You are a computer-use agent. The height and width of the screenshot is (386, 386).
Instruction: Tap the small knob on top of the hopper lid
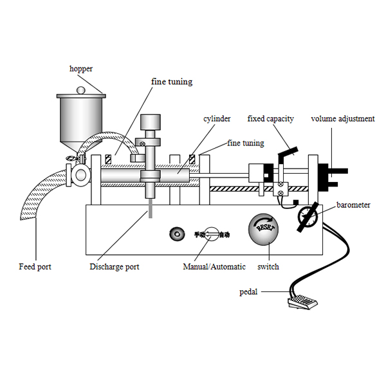click(x=81, y=91)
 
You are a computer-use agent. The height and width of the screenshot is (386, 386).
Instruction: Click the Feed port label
click(x=35, y=266)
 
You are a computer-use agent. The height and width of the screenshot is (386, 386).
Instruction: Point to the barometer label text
click(x=353, y=205)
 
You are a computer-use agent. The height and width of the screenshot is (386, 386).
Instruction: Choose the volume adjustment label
click(x=342, y=118)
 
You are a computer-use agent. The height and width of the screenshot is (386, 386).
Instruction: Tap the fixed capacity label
click(x=271, y=118)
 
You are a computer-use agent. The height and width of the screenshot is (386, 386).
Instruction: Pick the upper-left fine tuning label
click(x=172, y=82)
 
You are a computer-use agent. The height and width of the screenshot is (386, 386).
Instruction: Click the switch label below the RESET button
click(x=268, y=266)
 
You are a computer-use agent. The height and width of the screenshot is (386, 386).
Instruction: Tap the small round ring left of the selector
click(x=174, y=235)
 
